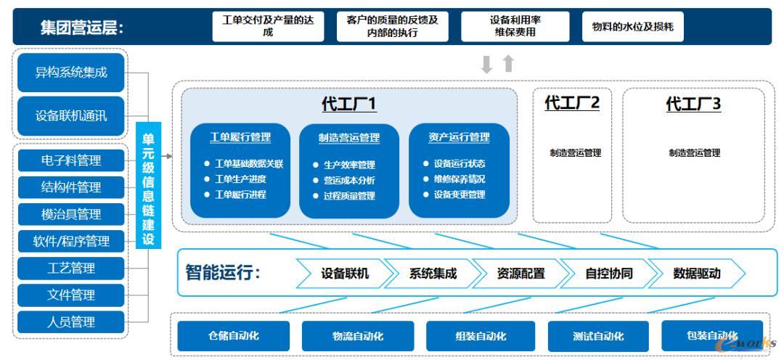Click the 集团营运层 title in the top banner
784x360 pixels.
pyautogui.click(x=81, y=28)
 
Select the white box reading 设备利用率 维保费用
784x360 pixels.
pyautogui.click(x=515, y=27)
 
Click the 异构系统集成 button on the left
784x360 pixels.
pyautogui.click(x=71, y=73)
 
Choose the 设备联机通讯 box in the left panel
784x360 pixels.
pyautogui.click(x=71, y=115)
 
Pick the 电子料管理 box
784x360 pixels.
pyautogui.click(x=71, y=160)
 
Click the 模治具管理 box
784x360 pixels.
pyautogui.click(x=71, y=214)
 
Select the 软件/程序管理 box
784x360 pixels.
pyautogui.click(x=71, y=241)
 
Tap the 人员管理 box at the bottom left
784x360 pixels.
pyautogui.click(x=71, y=322)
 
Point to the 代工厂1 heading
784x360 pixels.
pyautogui.click(x=349, y=105)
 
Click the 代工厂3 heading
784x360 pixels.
pyautogui.click(x=693, y=105)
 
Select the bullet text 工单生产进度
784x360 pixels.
pyautogui.click(x=240, y=179)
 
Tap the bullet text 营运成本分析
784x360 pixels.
pyautogui.click(x=349, y=181)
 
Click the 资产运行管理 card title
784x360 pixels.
pyautogui.click(x=459, y=137)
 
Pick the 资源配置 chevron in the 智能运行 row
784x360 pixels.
pyautogui.click(x=520, y=274)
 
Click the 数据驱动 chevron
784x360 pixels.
pyautogui.click(x=697, y=274)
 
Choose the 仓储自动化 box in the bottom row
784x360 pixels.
pyautogui.click(x=234, y=336)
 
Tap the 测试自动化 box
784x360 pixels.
pyautogui.click(x=597, y=336)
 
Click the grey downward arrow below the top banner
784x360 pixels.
pyautogui.click(x=487, y=65)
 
